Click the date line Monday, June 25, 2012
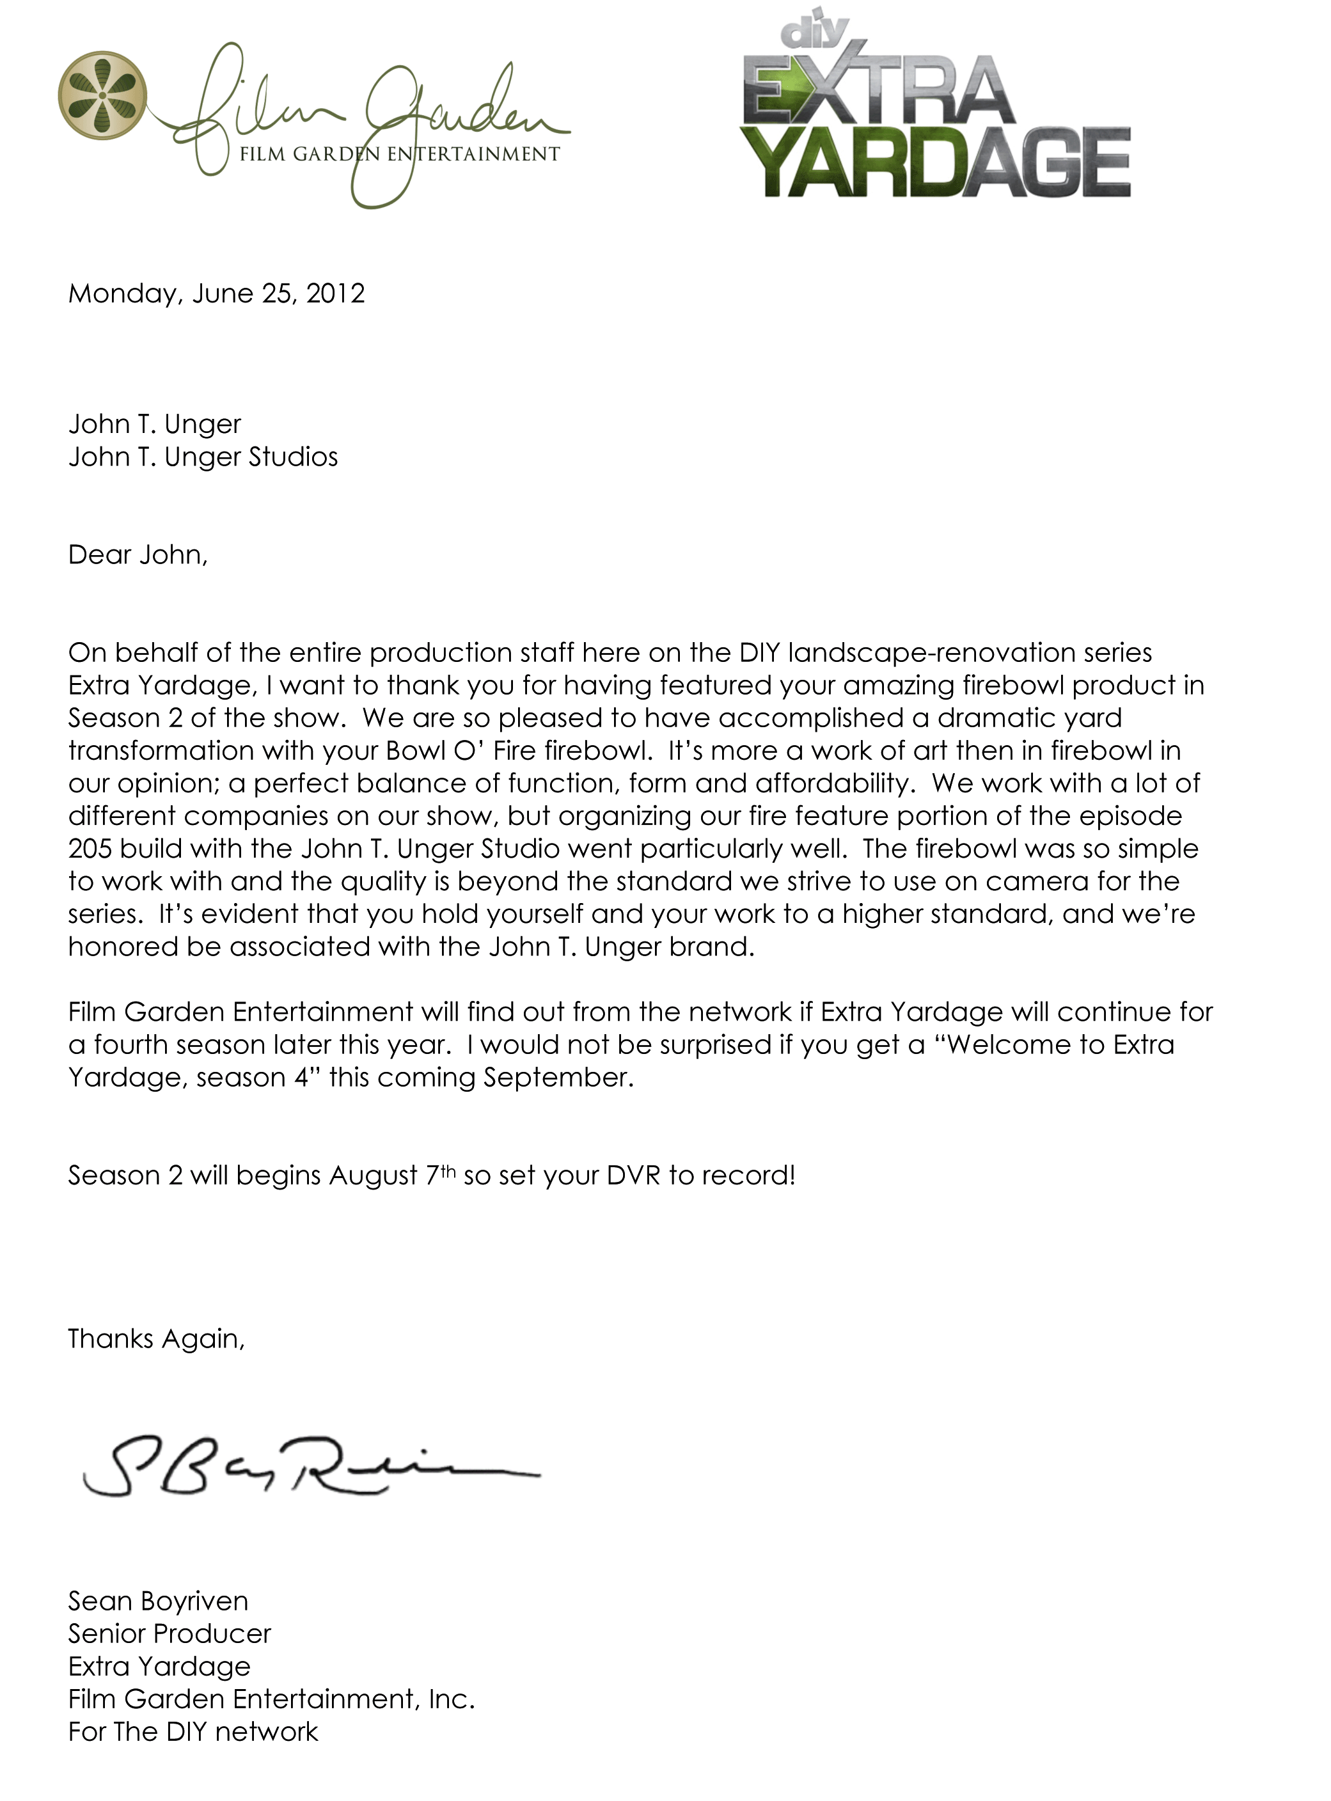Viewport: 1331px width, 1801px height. point(216,293)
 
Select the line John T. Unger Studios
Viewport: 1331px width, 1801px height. point(203,457)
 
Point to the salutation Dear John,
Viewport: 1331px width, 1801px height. point(138,555)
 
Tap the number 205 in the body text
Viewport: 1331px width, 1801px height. point(90,849)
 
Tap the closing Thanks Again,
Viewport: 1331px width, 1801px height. point(156,1339)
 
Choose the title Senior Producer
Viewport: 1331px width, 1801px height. point(169,1633)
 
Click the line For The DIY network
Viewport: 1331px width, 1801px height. point(193,1732)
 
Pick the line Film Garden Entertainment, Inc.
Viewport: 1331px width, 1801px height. point(272,1699)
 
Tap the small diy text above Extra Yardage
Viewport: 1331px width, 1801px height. point(815,31)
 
